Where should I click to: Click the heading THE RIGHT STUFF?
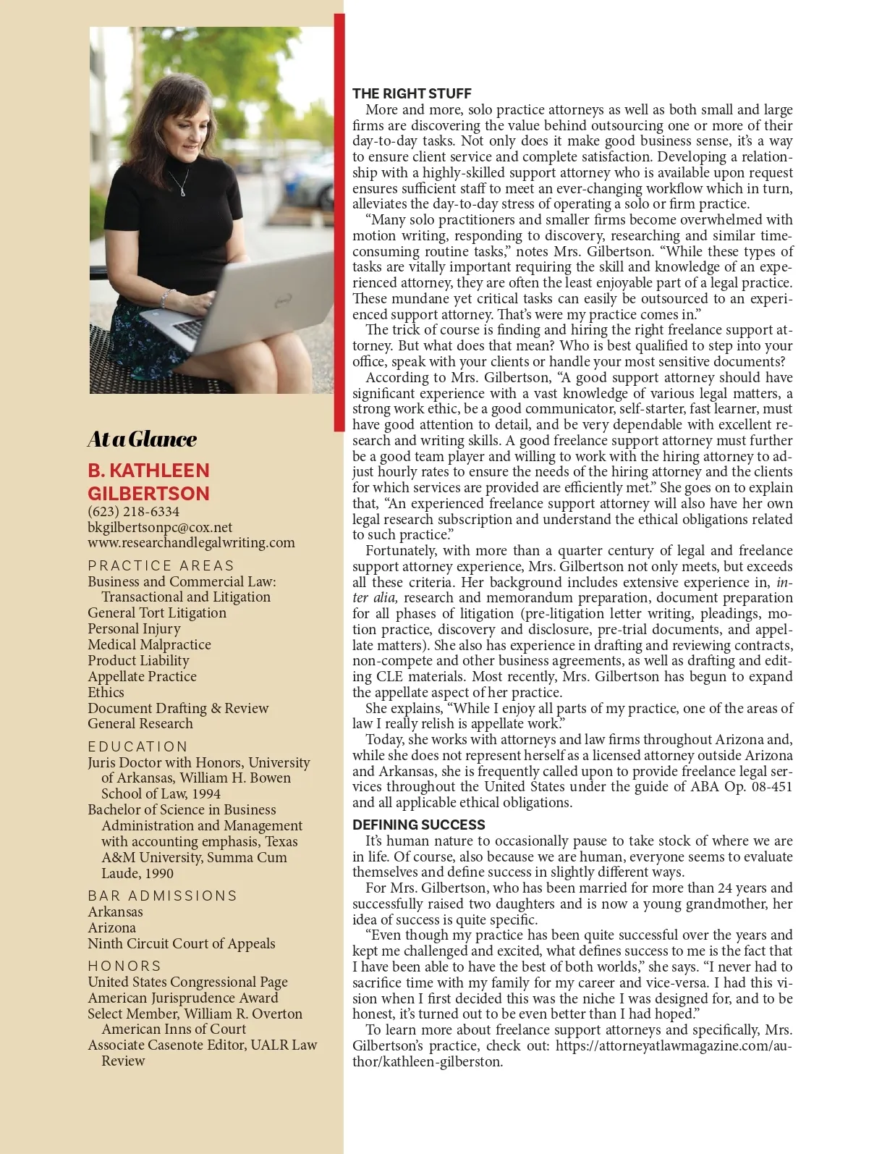click(412, 93)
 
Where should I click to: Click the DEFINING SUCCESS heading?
click(418, 825)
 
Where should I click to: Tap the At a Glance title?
click(142, 439)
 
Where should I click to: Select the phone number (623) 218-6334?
click(133, 512)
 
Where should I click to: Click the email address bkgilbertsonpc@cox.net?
click(160, 527)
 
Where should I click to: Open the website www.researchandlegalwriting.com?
click(191, 542)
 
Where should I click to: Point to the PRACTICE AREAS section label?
click(161, 565)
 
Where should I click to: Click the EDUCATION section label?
click(137, 746)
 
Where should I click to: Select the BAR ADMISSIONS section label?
click(162, 896)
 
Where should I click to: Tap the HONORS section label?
click(124, 966)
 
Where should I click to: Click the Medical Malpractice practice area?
click(149, 644)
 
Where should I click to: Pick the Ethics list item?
click(106, 692)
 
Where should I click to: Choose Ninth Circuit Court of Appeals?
click(181, 943)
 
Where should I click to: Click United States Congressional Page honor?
click(187, 982)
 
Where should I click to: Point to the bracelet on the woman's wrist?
click(167, 297)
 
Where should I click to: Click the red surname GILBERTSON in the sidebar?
click(148, 494)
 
